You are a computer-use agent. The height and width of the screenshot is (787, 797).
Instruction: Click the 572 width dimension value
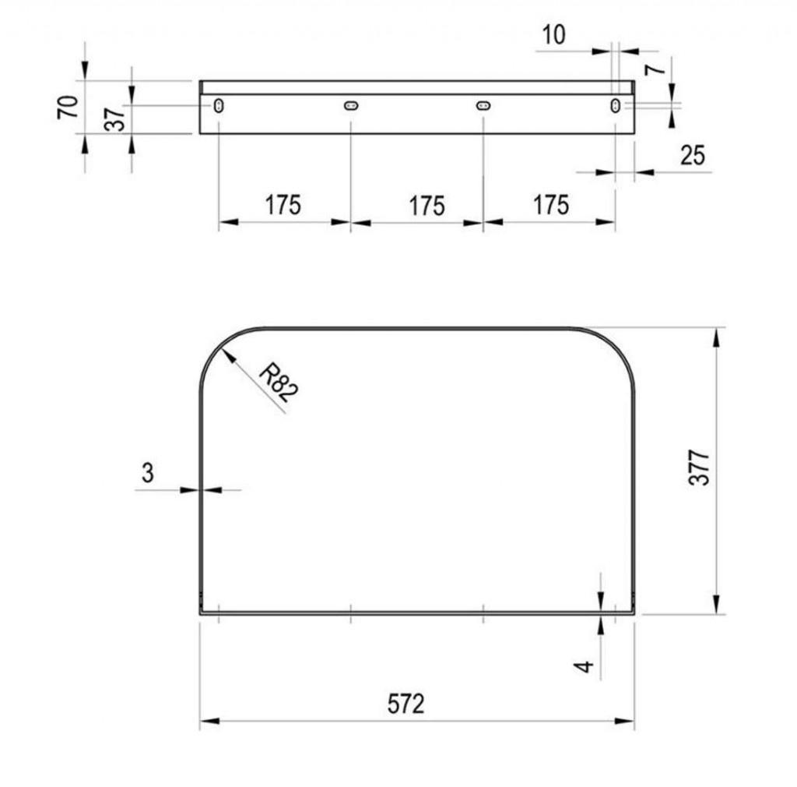coord(406,704)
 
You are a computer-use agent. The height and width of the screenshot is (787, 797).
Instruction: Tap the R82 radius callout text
coord(279,383)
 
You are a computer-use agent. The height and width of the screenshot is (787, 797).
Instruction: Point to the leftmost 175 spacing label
coord(283,205)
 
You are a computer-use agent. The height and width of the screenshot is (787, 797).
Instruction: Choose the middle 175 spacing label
coord(427,206)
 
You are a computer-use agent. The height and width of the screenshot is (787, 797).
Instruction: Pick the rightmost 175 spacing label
coord(551,205)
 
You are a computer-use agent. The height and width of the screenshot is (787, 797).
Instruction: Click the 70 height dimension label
coord(68,108)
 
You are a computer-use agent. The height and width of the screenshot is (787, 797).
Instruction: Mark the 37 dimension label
coord(115,119)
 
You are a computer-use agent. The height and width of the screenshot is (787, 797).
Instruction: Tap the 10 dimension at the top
coord(553,35)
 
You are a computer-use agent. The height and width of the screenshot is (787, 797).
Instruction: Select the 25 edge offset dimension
coord(693,155)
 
